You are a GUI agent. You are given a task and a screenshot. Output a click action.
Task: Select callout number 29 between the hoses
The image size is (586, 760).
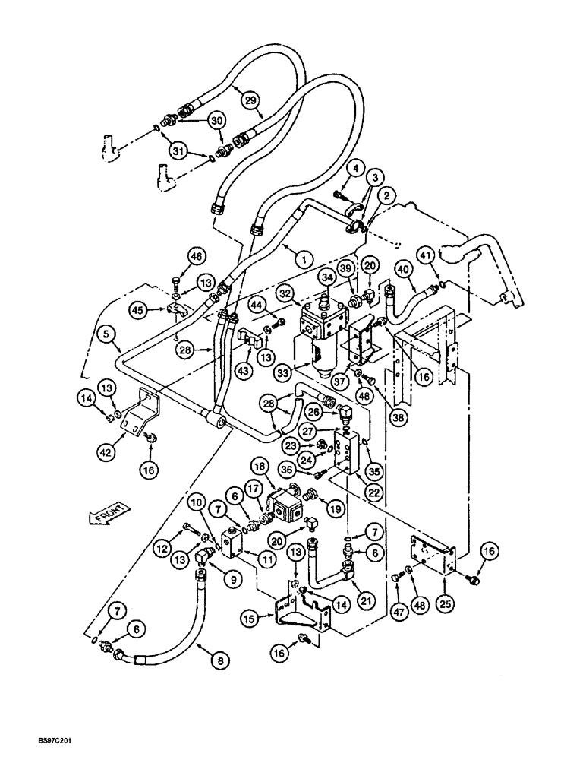[x=250, y=99]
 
